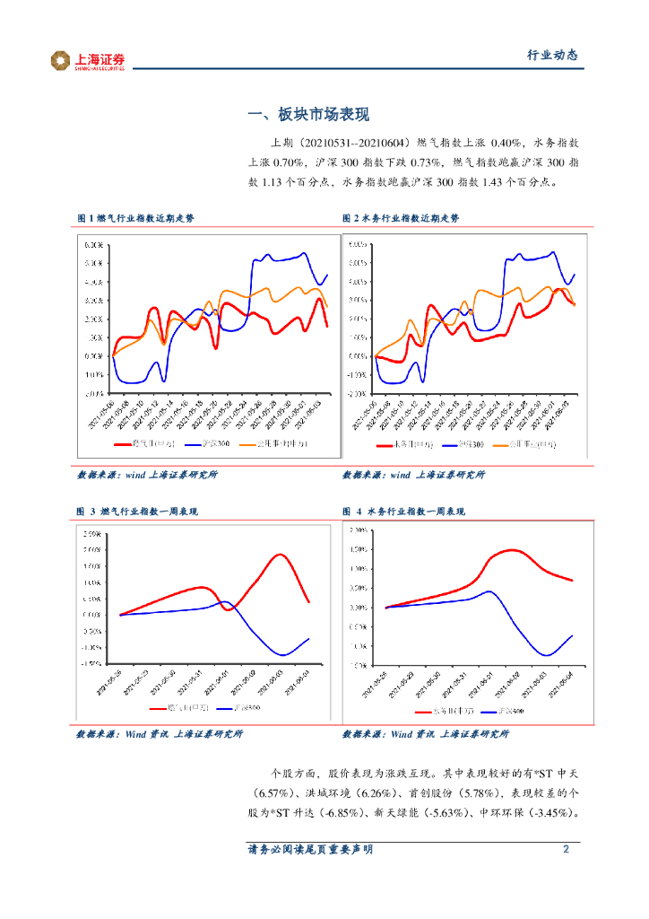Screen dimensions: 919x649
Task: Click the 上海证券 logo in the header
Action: pyautogui.click(x=88, y=60)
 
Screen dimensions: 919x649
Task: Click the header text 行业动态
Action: pyautogui.click(x=550, y=56)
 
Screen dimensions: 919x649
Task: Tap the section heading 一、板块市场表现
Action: pyautogui.click(x=307, y=115)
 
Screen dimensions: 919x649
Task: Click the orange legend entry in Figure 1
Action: pyautogui.click(x=274, y=443)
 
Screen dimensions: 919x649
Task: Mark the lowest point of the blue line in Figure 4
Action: pyautogui.click(x=546, y=655)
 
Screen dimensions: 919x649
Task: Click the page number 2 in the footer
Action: pyautogui.click(x=566, y=849)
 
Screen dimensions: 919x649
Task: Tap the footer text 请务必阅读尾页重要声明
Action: pyautogui.click(x=310, y=849)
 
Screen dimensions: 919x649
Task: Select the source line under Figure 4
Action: pyautogui.click(x=425, y=734)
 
